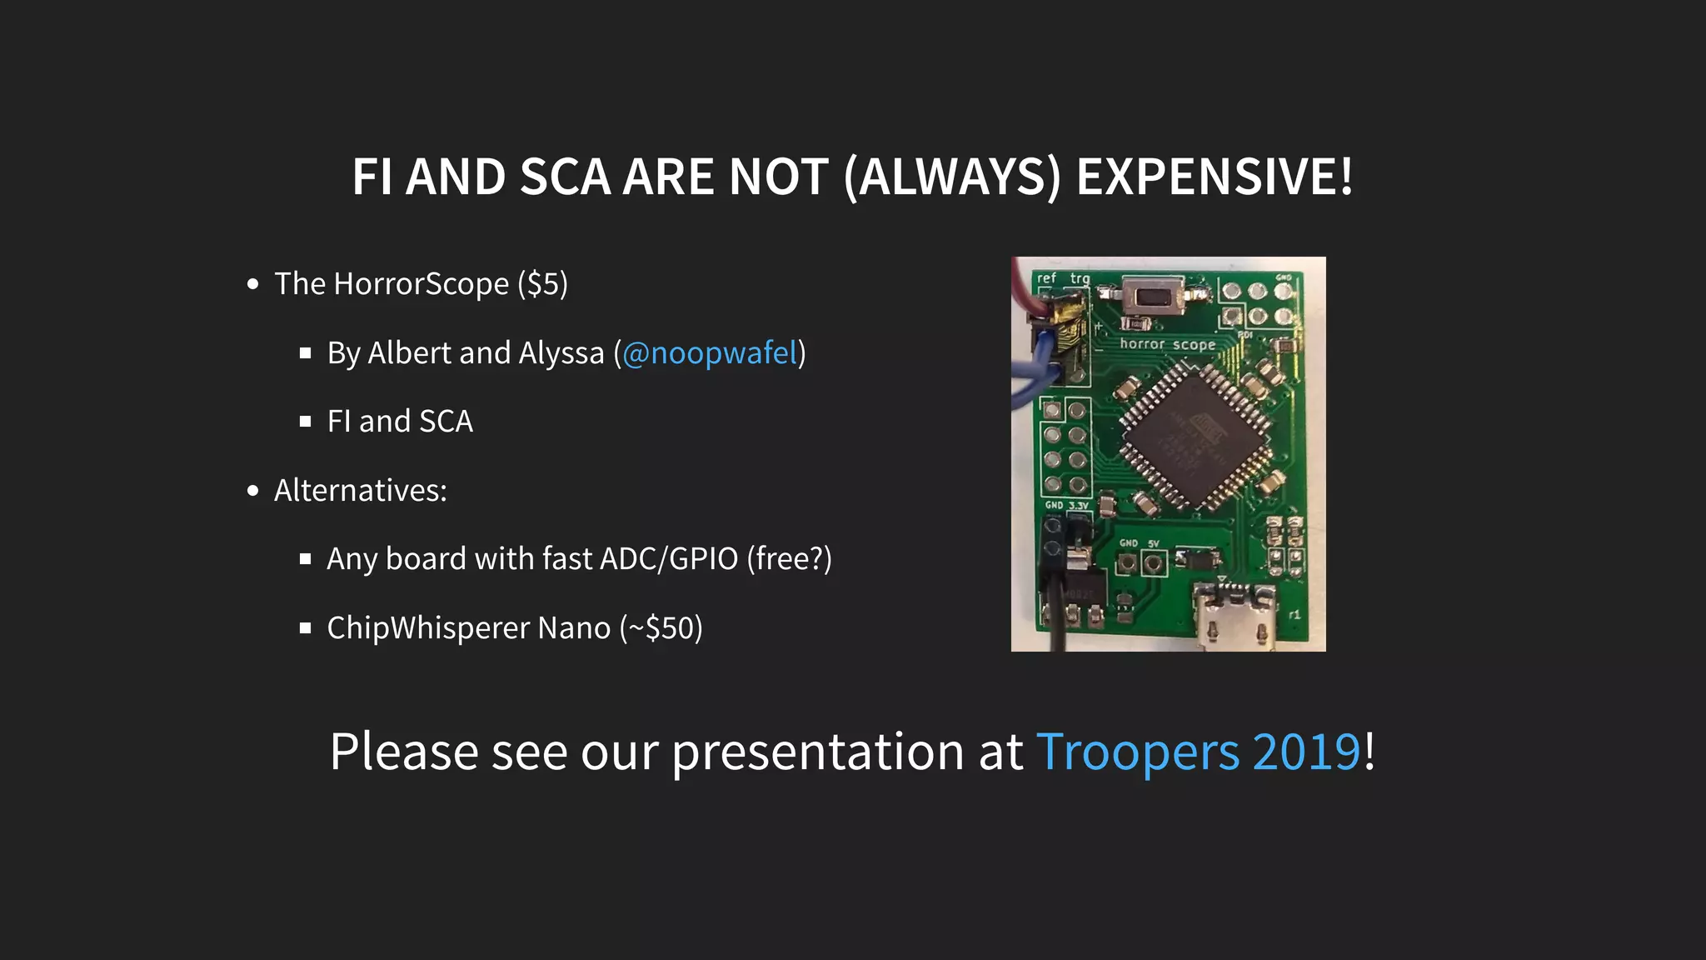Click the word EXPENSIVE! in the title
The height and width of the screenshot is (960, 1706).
tap(1215, 177)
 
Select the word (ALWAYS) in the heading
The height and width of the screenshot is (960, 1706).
tap(952, 177)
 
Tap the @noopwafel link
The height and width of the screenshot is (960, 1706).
tap(710, 353)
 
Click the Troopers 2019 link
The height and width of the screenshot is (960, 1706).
tap(1199, 752)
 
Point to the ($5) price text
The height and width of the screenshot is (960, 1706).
tap(542, 284)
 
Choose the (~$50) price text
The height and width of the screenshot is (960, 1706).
tap(661, 628)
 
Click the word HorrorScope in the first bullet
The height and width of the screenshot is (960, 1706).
tap(421, 284)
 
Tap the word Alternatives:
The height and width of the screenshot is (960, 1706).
tap(361, 491)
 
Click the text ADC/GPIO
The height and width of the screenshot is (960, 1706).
tap(669, 559)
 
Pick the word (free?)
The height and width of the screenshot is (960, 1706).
tap(789, 559)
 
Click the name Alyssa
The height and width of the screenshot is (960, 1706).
tap(561, 353)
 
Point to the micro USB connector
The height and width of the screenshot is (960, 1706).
tap(1235, 617)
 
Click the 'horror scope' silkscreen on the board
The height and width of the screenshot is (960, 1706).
tap(1167, 344)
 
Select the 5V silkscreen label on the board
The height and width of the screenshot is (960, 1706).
tap(1154, 543)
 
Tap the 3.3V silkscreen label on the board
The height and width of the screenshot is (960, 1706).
tap(1079, 505)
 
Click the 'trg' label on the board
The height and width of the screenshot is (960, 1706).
tap(1080, 278)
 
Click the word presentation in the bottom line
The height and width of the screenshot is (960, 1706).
tap(818, 752)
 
